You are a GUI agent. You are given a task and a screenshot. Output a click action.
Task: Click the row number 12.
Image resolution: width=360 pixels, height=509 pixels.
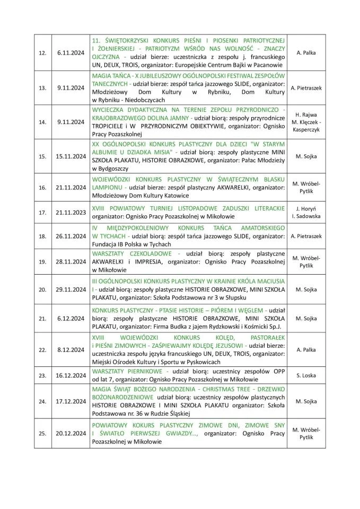42,53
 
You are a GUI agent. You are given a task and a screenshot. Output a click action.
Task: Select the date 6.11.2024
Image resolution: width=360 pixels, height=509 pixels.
71,53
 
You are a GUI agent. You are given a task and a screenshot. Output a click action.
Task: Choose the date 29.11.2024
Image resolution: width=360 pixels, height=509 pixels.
71,289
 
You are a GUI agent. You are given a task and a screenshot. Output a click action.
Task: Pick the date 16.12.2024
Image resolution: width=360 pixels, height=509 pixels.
71,375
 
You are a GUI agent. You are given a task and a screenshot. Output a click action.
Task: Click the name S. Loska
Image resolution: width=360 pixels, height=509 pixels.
306,375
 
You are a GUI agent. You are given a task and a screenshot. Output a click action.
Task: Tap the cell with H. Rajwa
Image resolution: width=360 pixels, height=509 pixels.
306,121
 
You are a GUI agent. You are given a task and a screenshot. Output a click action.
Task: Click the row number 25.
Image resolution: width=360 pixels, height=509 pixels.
42,433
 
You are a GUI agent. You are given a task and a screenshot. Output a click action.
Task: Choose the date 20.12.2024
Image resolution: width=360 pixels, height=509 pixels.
71,433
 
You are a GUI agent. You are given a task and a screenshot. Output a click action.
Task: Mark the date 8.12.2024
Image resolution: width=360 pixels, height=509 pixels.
71,350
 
